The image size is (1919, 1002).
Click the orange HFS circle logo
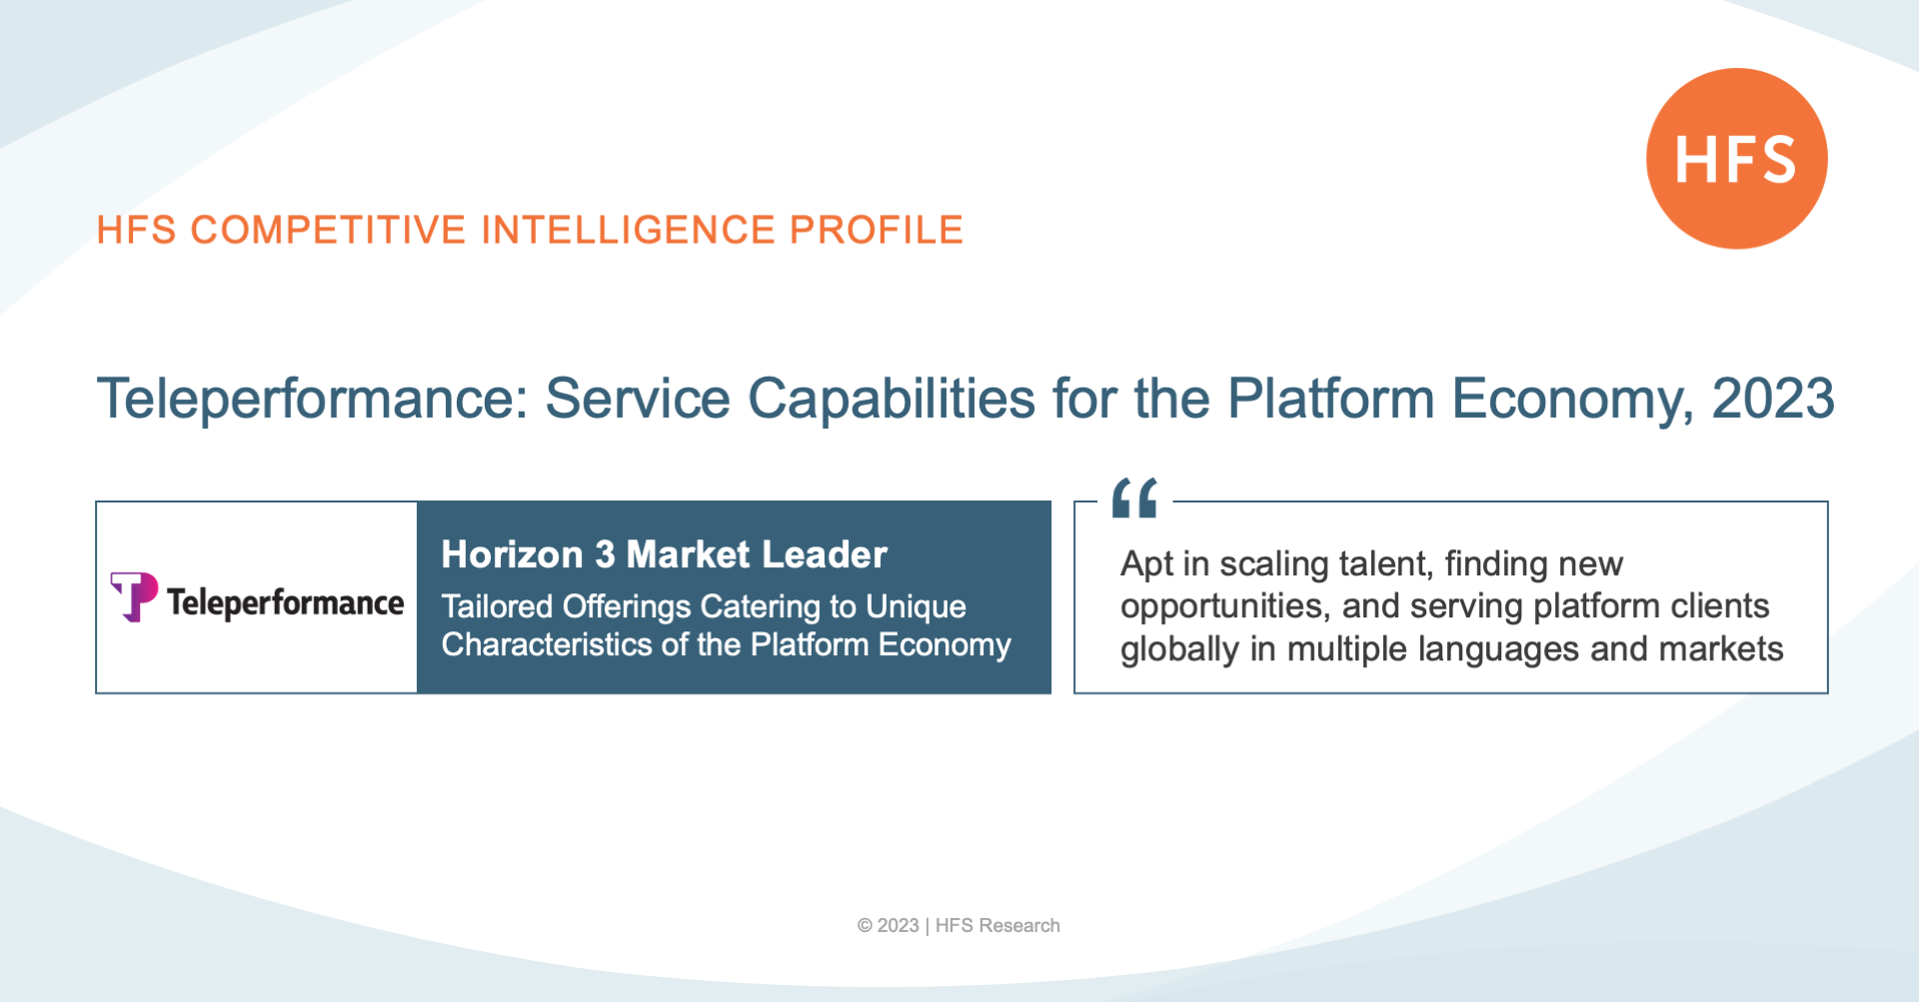1736,158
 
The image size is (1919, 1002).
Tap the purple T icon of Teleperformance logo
134,596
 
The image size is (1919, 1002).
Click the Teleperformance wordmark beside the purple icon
285,602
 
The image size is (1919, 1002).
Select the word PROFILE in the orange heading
876,230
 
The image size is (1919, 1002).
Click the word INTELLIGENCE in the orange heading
628,230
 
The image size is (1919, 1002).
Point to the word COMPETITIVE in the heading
328,230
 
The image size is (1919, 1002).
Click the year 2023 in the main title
1773,399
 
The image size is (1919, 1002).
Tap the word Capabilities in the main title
892,400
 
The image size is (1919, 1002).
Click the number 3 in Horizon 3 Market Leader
605,554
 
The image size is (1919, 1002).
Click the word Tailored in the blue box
497,606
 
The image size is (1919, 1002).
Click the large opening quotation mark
1134,498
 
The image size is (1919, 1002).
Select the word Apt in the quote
1146,565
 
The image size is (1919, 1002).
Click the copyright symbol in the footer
865,926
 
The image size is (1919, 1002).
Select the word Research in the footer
1019,926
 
